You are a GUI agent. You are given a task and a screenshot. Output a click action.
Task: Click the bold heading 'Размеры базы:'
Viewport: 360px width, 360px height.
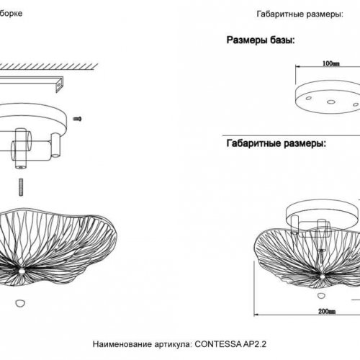coord(259,40)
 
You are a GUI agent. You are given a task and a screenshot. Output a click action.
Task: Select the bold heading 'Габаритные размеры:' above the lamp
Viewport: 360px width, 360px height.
coord(275,143)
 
